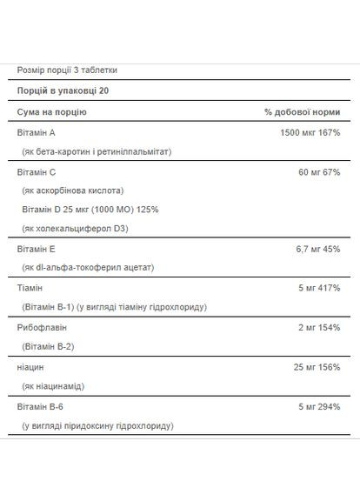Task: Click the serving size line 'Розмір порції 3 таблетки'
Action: point(66,70)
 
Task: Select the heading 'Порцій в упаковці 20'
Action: point(63,90)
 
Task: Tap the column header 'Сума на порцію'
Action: point(51,112)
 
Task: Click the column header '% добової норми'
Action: point(303,112)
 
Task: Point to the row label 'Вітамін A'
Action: point(36,132)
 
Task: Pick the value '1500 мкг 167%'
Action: point(297,132)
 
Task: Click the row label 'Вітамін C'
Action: point(37,171)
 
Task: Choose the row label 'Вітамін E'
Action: point(36,249)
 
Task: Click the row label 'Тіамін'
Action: point(30,288)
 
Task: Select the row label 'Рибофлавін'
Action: point(41,327)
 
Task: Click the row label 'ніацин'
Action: point(30,367)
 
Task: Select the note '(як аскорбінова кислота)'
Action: point(72,190)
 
